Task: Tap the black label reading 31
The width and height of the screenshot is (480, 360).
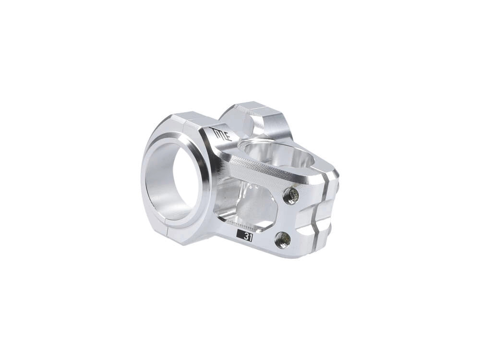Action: (245, 236)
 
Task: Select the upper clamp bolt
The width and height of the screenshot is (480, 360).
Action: (291, 195)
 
